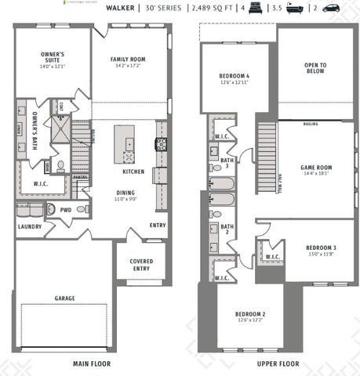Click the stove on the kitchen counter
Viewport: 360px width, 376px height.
point(161,143)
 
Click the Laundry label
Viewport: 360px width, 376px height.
point(29,227)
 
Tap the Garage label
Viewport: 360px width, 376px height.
point(64,298)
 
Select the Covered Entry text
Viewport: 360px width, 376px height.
point(141,265)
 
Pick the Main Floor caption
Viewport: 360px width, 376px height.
point(92,364)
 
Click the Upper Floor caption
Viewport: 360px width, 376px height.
point(278,364)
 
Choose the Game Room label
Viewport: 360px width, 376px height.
point(317,168)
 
